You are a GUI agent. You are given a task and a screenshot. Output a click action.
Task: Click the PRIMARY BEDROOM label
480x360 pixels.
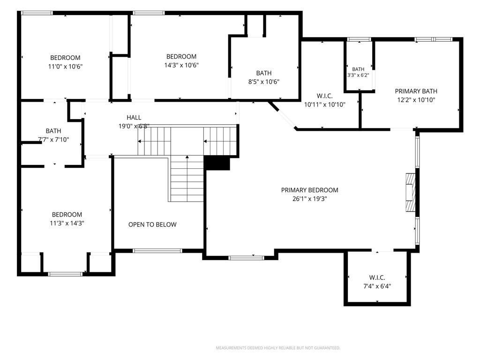[309, 190]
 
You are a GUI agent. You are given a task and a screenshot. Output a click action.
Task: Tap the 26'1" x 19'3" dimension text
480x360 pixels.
[309, 199]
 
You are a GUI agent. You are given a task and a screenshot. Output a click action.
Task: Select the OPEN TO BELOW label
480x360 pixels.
[152, 225]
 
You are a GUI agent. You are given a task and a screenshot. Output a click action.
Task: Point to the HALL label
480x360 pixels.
[134, 117]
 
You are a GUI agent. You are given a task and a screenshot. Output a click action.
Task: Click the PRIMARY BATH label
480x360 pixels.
[416, 91]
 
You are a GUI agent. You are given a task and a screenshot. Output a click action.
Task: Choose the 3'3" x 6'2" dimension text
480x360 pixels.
[358, 75]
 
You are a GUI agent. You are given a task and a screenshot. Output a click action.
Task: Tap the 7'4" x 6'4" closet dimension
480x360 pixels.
[377, 286]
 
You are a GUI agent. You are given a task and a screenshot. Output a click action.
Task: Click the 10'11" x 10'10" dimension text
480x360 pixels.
[324, 105]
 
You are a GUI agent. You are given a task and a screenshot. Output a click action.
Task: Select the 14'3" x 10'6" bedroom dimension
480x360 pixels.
[181, 65]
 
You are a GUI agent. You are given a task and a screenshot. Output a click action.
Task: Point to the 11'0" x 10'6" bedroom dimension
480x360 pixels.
[65, 66]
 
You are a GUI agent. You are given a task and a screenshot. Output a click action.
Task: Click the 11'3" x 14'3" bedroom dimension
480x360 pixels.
[67, 223]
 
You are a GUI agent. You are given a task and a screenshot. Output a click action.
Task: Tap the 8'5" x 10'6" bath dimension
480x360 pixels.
[263, 82]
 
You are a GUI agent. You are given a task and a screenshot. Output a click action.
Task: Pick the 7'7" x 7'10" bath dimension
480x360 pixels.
[53, 140]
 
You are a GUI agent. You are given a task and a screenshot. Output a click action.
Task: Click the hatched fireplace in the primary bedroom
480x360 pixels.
[411, 192]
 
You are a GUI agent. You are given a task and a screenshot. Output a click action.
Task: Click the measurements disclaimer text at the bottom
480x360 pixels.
[278, 348]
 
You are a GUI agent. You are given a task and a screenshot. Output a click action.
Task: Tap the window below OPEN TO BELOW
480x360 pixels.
[157, 251]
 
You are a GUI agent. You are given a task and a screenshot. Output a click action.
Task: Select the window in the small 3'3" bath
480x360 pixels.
[359, 39]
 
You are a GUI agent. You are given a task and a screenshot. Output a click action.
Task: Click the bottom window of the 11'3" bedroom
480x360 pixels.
[66, 274]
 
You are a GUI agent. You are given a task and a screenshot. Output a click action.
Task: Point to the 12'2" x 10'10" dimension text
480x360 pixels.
[416, 100]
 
